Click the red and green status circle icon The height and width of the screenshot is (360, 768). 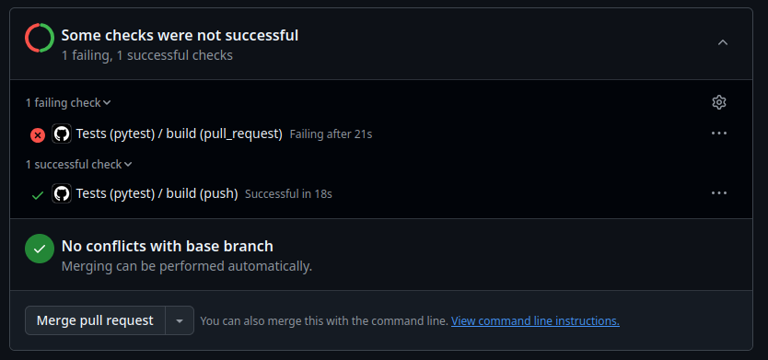(39, 38)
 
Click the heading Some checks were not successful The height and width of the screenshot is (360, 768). (180, 36)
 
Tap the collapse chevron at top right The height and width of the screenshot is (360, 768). (722, 42)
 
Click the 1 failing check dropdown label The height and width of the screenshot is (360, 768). (68, 103)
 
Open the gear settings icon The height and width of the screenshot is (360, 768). (719, 102)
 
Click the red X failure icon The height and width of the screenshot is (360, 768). (38, 134)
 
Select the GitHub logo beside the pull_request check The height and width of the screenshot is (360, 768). (62, 134)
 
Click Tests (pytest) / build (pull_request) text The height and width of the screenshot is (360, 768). (179, 134)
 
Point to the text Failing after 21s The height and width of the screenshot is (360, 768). (331, 134)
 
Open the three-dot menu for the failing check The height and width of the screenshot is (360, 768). (719, 134)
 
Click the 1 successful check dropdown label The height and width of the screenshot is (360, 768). (78, 165)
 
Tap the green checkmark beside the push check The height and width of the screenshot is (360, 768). (38, 194)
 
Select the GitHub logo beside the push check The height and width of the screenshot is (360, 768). (62, 193)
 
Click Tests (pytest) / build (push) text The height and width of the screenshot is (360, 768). (157, 193)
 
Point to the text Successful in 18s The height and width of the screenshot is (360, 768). (288, 194)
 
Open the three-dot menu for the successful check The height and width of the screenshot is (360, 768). (719, 193)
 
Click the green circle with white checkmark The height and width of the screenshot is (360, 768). (39, 249)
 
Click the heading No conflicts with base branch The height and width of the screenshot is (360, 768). (167, 246)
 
